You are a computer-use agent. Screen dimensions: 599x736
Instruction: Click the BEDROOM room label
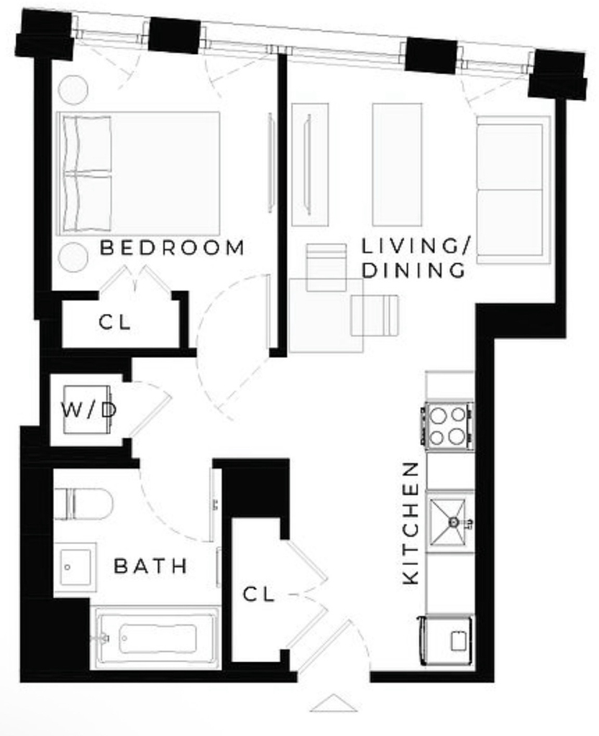tap(173, 248)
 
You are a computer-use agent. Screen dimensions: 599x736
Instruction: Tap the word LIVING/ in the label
tap(416, 247)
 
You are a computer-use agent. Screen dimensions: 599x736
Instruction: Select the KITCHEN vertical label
tap(411, 523)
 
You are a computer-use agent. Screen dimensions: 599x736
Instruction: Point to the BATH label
tap(151, 566)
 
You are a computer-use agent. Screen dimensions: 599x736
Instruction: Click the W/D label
tap(88, 410)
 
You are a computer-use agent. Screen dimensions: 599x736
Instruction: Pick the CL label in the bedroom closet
tap(115, 323)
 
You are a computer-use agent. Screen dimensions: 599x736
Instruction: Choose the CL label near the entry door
tap(259, 594)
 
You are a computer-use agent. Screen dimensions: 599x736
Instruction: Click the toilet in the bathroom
tap(83, 504)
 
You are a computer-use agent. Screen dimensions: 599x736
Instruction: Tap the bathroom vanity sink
tap(75, 567)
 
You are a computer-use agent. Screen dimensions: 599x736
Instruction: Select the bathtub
tap(157, 638)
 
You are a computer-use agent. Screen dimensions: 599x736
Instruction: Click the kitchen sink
tap(449, 522)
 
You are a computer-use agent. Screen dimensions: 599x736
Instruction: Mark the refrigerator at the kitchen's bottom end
tap(447, 640)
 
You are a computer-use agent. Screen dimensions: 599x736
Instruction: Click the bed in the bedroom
tap(138, 174)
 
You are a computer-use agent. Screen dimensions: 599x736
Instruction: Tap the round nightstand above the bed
tap(73, 89)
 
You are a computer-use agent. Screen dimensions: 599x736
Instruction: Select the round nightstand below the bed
tap(73, 257)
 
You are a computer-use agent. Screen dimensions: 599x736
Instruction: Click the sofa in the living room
tap(513, 190)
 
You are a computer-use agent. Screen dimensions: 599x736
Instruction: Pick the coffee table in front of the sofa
tap(397, 165)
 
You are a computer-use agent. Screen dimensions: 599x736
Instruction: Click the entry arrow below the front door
tap(334, 703)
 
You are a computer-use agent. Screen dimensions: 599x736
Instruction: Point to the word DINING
tap(413, 271)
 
